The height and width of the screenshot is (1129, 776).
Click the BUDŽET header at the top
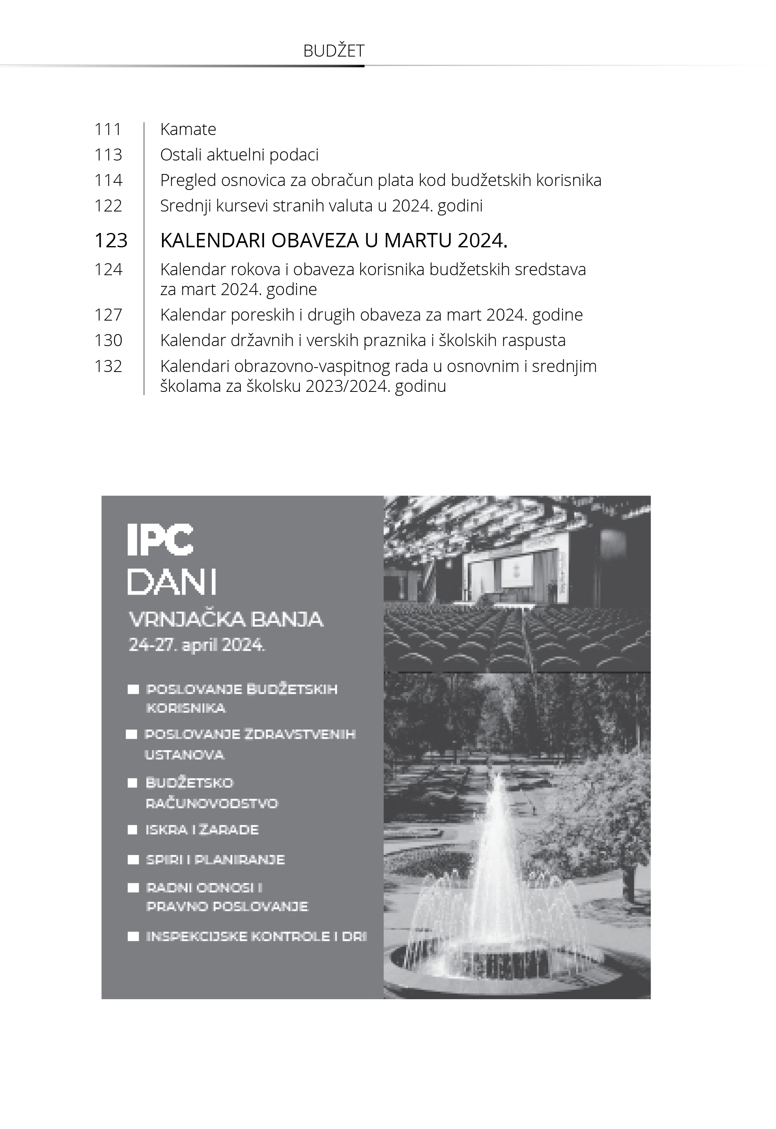click(x=334, y=51)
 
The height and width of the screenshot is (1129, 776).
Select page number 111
click(x=108, y=129)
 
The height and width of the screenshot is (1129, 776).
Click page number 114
click(x=108, y=180)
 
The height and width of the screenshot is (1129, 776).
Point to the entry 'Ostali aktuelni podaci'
click(x=239, y=155)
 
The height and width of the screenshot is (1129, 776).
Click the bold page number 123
click(x=111, y=241)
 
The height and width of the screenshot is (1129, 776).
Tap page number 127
click(x=108, y=315)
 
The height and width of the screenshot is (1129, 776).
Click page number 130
click(x=108, y=340)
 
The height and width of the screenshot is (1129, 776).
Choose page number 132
click(x=108, y=366)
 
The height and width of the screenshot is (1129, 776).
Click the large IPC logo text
click(x=160, y=540)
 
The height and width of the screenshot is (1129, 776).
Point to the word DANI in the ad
click(x=172, y=581)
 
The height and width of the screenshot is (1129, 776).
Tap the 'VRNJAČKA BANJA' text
click(x=226, y=619)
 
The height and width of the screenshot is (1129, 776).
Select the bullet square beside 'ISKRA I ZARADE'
click(x=132, y=830)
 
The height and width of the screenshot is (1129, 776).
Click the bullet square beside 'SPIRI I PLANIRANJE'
click(x=133, y=860)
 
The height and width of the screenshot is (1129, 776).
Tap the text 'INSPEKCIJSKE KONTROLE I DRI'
click(x=256, y=937)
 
